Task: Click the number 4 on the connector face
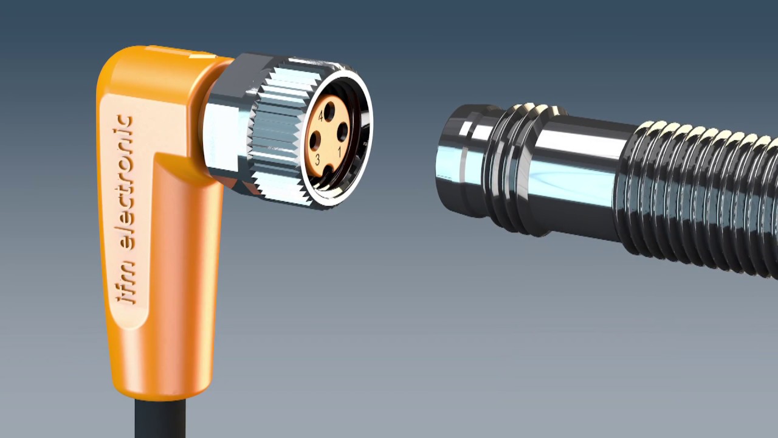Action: [320, 116]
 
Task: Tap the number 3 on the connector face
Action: [317, 160]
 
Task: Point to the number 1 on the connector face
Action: [339, 152]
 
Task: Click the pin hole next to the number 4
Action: [329, 111]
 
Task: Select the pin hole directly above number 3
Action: [315, 141]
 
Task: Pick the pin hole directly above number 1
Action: [342, 131]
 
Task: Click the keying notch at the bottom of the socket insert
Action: [327, 172]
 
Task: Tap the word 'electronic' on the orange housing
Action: [127, 182]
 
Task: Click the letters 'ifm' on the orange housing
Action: [126, 282]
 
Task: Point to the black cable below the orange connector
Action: [160, 419]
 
